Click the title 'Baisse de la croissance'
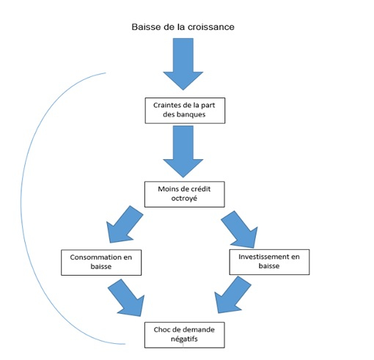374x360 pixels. (183, 26)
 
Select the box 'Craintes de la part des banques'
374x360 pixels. (185, 111)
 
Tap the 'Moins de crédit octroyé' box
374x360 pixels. (185, 194)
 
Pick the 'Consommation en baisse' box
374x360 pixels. (101, 262)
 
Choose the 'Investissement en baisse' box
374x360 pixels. (269, 262)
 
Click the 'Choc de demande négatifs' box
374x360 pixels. (185, 335)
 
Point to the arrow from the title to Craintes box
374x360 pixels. (183, 64)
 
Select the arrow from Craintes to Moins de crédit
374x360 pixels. (183, 152)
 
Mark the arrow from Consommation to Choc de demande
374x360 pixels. (126, 298)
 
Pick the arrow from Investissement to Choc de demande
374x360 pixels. (233, 295)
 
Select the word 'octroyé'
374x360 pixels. (184, 198)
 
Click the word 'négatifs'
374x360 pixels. (184, 339)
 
